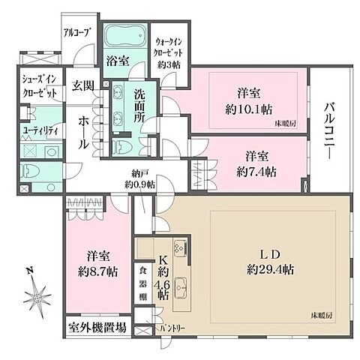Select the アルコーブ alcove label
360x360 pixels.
(x=78, y=33)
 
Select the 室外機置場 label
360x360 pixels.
(x=94, y=328)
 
